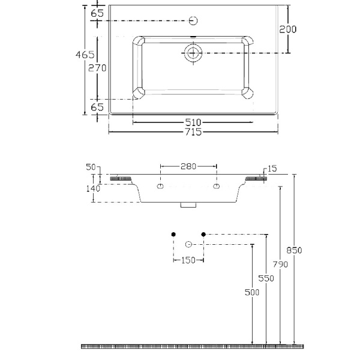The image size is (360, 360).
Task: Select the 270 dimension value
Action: click(x=98, y=68)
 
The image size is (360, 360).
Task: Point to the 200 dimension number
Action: click(x=288, y=29)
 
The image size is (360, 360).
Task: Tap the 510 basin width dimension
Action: click(x=193, y=123)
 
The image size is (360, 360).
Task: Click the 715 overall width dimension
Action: click(x=193, y=132)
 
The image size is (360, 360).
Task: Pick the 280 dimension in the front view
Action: click(x=188, y=166)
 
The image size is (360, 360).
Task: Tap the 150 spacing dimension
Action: click(x=188, y=260)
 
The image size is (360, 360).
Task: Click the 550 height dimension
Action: click(x=266, y=278)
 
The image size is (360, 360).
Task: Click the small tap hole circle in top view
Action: click(x=193, y=20)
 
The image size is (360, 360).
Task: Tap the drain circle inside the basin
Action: click(x=193, y=53)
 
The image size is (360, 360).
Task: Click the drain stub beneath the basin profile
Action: click(x=188, y=206)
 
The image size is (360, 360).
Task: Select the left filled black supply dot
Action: click(x=173, y=233)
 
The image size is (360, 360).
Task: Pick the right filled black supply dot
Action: click(x=203, y=233)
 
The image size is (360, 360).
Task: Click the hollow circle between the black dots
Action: click(x=188, y=244)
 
